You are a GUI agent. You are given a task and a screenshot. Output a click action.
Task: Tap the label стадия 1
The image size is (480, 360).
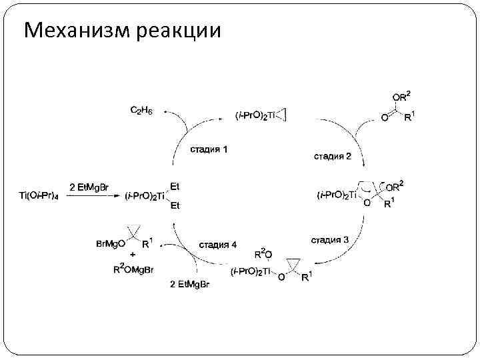pyautogui.click(x=209, y=149)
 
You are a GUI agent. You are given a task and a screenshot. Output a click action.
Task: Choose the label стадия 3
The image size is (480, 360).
pyautogui.click(x=330, y=239)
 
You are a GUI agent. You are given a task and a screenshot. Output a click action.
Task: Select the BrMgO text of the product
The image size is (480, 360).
pyautogui.click(x=111, y=245)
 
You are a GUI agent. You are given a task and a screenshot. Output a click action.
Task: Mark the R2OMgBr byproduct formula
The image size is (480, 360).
pyautogui.click(x=136, y=269)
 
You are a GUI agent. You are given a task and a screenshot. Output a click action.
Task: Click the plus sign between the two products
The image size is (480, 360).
pyautogui.click(x=133, y=256)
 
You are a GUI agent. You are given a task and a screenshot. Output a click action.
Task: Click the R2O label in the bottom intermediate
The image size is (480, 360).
pyautogui.click(x=263, y=254)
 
